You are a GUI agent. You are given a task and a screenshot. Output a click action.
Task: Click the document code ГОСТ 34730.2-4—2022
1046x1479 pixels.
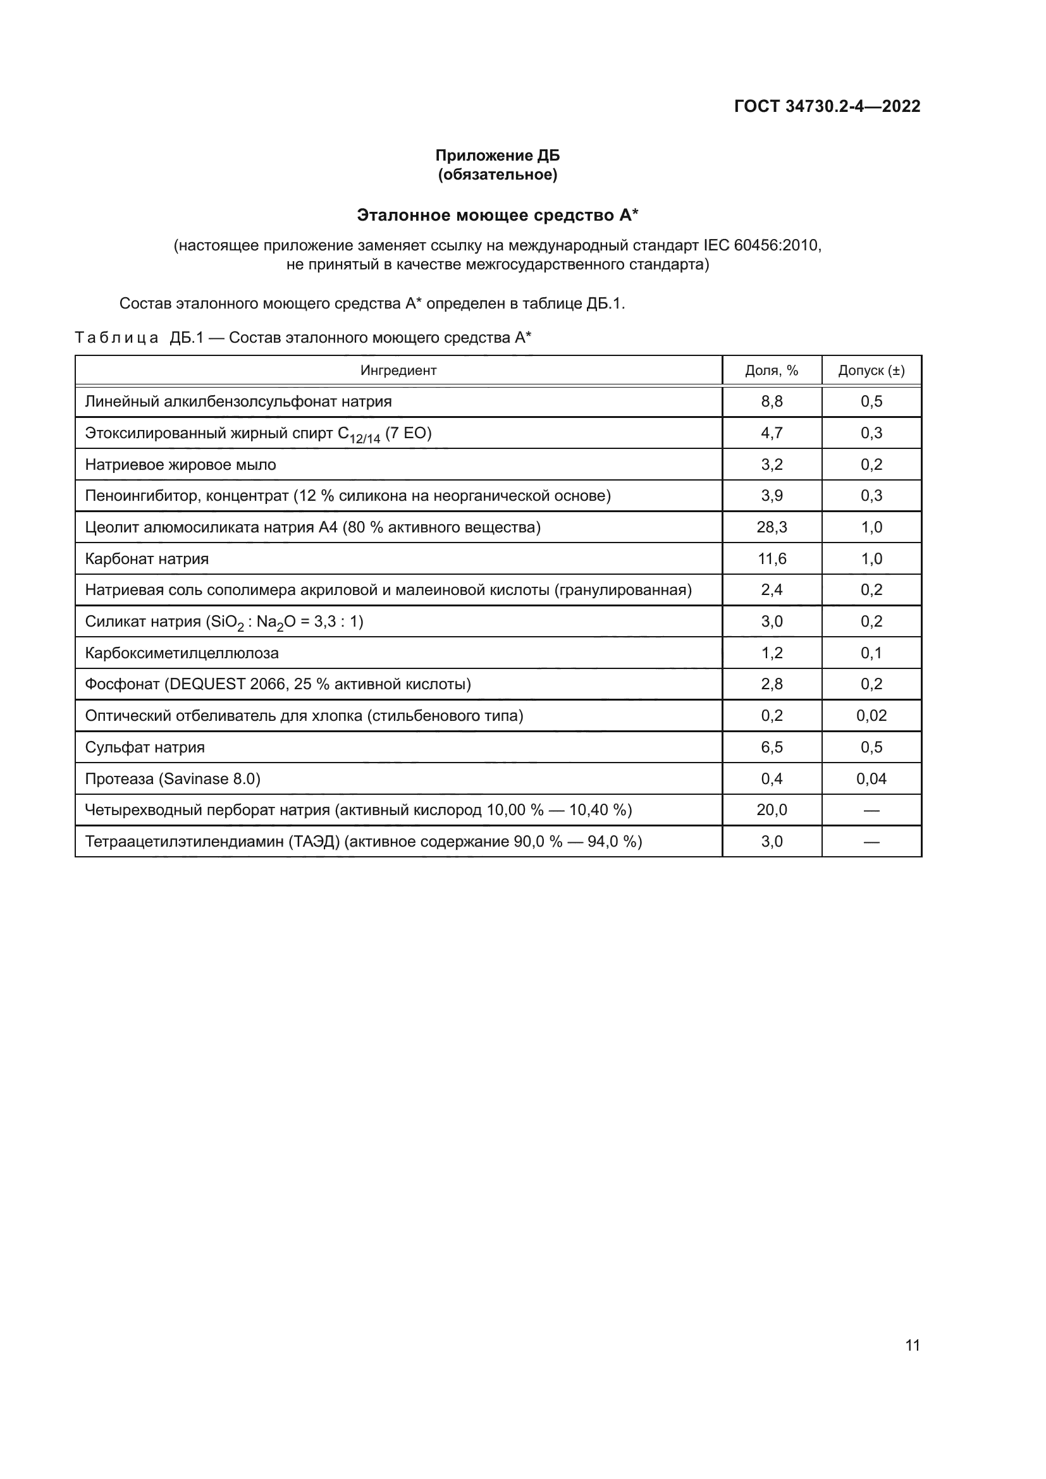click(827, 106)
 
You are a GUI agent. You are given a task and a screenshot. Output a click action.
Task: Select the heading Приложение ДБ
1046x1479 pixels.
click(497, 156)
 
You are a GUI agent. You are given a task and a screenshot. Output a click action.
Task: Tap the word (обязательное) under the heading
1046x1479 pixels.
click(497, 175)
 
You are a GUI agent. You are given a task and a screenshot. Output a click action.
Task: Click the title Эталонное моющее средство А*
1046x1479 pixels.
click(497, 215)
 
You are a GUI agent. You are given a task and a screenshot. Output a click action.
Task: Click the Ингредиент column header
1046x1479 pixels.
click(398, 371)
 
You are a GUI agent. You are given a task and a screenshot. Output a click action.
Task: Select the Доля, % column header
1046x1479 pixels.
click(772, 371)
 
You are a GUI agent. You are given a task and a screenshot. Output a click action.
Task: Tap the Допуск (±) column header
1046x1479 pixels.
click(871, 371)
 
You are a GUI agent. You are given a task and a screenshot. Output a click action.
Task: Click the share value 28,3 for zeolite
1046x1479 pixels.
click(772, 527)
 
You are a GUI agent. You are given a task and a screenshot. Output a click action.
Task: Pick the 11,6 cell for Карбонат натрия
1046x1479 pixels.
click(772, 558)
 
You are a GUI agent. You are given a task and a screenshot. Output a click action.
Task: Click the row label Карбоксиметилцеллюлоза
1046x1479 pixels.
click(182, 653)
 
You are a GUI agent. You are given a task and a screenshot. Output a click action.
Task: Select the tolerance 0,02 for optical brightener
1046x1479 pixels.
click(871, 716)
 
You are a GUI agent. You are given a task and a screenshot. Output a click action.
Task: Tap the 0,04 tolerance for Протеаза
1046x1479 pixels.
click(871, 779)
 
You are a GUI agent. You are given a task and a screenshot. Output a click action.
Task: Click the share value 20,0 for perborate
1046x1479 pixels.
click(772, 810)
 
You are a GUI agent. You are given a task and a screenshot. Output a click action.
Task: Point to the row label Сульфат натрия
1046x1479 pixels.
click(145, 747)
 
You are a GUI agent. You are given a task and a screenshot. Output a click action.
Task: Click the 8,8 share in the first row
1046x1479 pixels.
click(772, 402)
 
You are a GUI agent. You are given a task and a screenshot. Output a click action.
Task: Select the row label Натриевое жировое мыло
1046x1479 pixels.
click(180, 465)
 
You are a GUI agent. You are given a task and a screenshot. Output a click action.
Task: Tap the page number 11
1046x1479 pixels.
click(912, 1346)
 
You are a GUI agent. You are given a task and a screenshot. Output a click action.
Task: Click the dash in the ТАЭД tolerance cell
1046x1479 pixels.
click(871, 841)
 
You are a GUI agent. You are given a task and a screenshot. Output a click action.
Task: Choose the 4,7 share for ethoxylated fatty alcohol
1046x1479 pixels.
click(772, 433)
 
